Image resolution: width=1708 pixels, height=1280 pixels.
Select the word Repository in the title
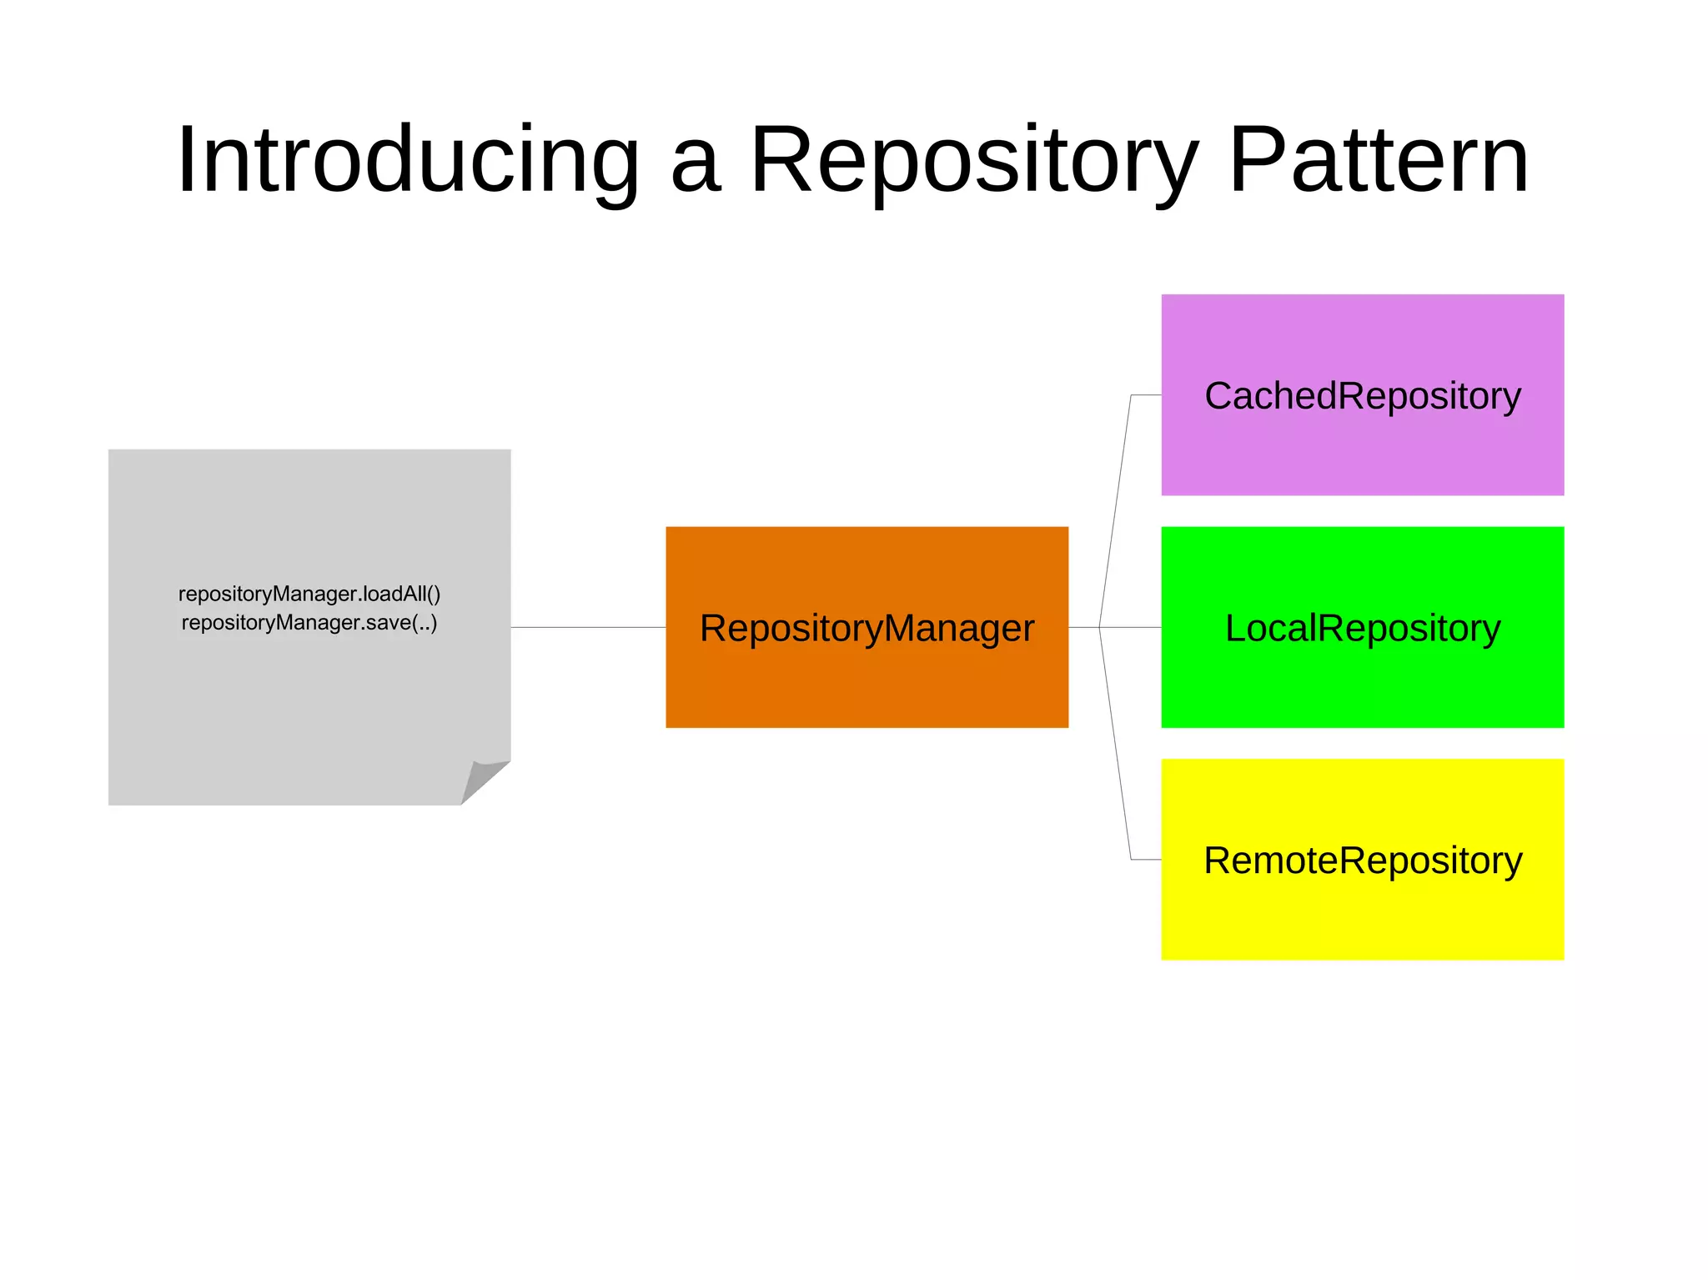[973, 160]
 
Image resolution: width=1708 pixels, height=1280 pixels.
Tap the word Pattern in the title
[1379, 160]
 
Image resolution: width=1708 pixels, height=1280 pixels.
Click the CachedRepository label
[1363, 396]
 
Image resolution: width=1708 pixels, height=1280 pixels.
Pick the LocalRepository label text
[1363, 628]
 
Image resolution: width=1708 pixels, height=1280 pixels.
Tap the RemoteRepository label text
[1363, 861]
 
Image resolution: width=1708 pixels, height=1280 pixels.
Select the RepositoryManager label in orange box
[867, 628]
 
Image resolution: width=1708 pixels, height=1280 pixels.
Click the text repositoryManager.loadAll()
[309, 594]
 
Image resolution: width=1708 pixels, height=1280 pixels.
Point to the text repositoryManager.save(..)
[309, 623]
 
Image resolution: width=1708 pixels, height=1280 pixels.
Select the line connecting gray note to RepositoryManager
[588, 627]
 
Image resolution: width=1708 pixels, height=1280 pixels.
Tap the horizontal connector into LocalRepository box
[1131, 627]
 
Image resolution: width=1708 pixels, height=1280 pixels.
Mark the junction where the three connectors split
[1099, 627]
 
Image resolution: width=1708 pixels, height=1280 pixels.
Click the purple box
[1363, 450]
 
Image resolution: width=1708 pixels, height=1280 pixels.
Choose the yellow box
[1363, 917]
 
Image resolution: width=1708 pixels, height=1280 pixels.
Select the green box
[1363, 684]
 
